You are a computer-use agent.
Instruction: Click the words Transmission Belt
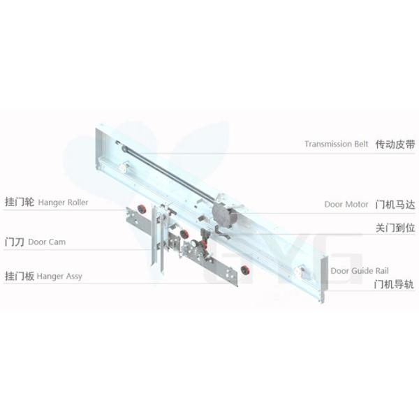[x=336, y=144]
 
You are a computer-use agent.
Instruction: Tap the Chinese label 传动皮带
[x=395, y=145]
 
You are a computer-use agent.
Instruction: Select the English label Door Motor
[x=346, y=205]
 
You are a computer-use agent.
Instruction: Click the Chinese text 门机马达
[x=395, y=205]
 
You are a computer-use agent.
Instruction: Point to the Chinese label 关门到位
[x=395, y=228]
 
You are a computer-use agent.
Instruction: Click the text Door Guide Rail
[x=360, y=271]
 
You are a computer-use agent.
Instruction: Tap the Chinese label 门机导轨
[x=394, y=284]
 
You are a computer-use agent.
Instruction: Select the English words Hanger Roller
[x=63, y=203]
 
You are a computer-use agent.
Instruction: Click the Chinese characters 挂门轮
[x=20, y=202]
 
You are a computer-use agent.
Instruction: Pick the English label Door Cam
[x=47, y=242]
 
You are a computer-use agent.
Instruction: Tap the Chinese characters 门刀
[x=15, y=242]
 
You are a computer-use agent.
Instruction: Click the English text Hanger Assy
[x=59, y=277]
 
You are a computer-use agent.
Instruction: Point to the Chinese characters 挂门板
[x=20, y=276]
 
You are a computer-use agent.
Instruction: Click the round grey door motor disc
[x=221, y=214]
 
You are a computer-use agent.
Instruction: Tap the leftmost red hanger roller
[x=141, y=208]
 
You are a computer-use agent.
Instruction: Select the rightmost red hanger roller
[x=245, y=270]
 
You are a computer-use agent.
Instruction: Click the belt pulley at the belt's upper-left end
[x=124, y=147]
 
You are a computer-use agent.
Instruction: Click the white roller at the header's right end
[x=299, y=270]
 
